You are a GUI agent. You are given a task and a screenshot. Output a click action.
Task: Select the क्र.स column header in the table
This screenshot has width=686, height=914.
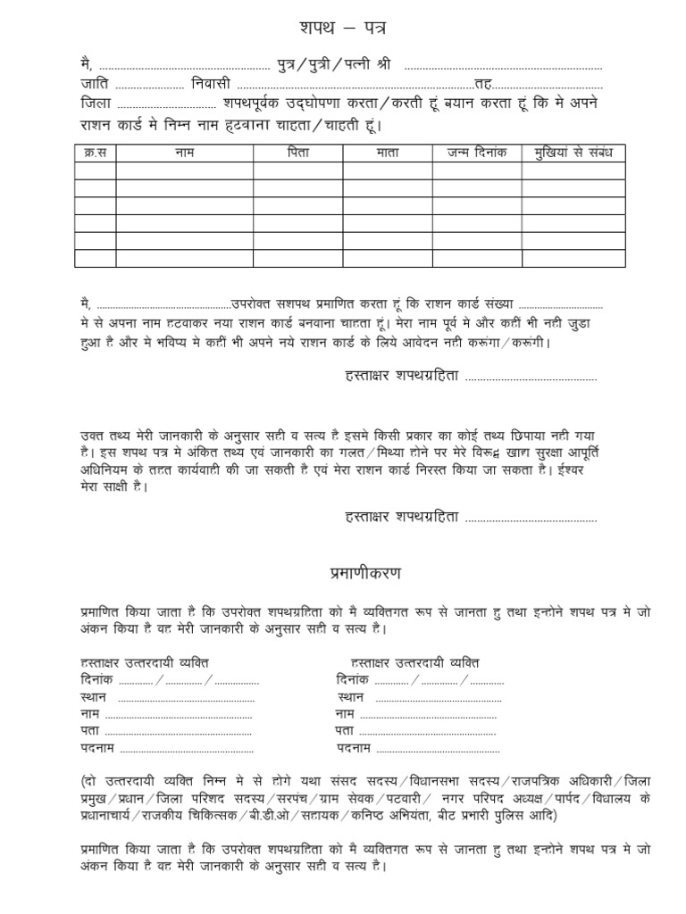pyautogui.click(x=95, y=153)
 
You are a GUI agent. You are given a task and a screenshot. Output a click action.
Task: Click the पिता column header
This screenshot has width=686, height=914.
pyautogui.click(x=297, y=153)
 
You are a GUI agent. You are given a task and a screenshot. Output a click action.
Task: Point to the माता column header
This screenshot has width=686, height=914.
pyautogui.click(x=387, y=153)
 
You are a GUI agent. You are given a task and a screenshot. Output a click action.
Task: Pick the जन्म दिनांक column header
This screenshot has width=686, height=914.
pyautogui.click(x=477, y=153)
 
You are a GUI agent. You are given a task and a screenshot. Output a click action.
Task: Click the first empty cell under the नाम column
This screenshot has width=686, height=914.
pyautogui.click(x=184, y=170)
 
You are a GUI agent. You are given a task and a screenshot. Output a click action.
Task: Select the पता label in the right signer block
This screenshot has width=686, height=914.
pyautogui.click(x=345, y=731)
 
